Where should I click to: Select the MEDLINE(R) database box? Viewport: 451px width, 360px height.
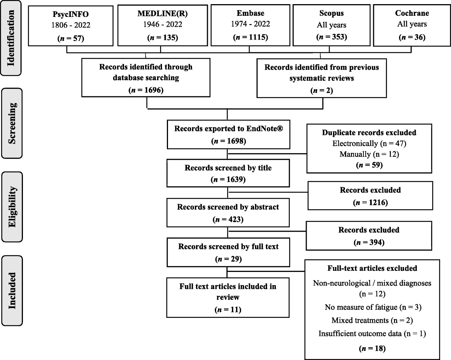point(161,25)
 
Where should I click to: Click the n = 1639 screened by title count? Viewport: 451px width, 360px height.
point(228,179)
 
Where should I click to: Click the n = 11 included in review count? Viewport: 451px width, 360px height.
point(228,310)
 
